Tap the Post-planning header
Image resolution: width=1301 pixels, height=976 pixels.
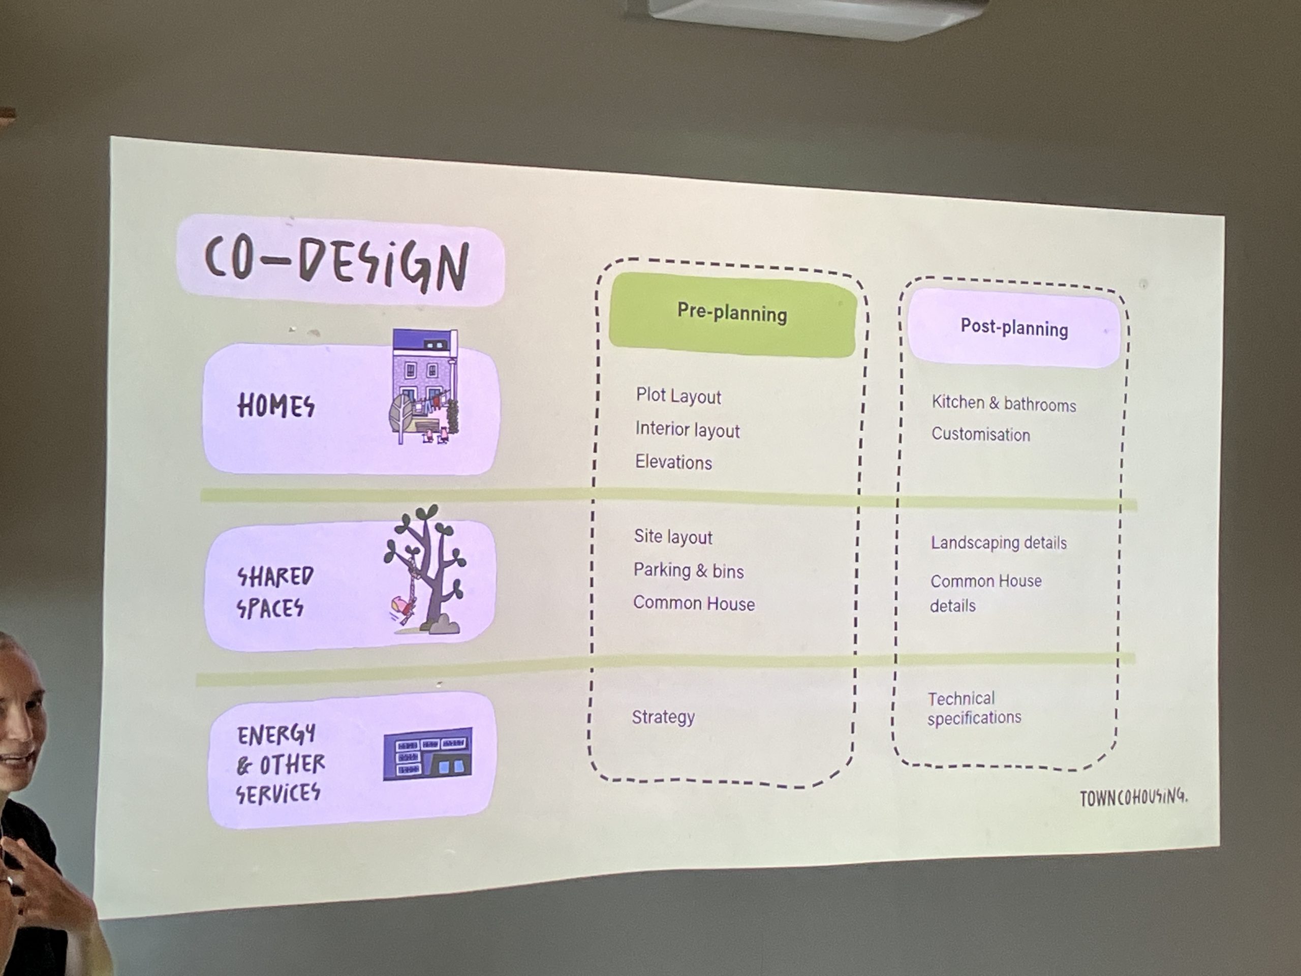[1014, 328]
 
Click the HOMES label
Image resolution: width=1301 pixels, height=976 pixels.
[276, 406]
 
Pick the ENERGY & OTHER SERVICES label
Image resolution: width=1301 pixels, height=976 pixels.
[280, 764]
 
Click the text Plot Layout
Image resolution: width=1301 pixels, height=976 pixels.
[678, 396]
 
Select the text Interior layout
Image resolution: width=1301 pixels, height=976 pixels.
[687, 430]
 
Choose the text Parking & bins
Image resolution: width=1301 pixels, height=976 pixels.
[688, 571]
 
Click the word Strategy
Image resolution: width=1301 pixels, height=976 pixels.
[663, 717]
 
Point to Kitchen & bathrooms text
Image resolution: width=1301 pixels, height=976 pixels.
[1003, 404]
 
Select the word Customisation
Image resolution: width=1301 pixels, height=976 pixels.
[980, 435]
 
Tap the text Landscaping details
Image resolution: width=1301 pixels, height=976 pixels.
[998, 542]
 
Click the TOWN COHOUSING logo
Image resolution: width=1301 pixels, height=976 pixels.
[1133, 798]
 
